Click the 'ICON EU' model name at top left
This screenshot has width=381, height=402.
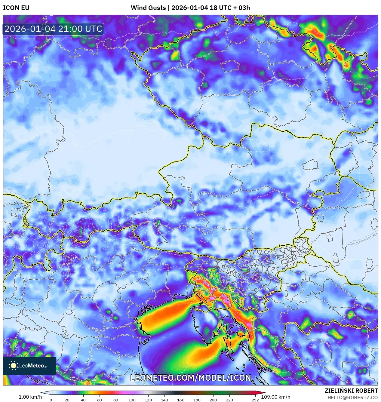pyautogui.click(x=16, y=8)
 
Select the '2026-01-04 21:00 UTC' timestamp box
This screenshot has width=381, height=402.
pyautogui.click(x=53, y=29)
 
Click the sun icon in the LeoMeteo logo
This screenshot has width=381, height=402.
pyautogui.click(x=14, y=366)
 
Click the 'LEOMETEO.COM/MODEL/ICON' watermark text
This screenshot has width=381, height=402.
pyautogui.click(x=190, y=378)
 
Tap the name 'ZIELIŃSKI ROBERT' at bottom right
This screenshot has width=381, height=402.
pyautogui.click(x=351, y=391)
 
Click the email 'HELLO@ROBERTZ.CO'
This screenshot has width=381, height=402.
pyautogui.click(x=352, y=397)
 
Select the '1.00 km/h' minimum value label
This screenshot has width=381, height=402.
pyautogui.click(x=30, y=397)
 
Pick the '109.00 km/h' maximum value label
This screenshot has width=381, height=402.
pyautogui.click(x=275, y=397)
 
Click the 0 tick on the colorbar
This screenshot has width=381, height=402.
pyautogui.click(x=51, y=400)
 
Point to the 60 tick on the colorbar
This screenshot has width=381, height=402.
pyautogui.click(x=100, y=400)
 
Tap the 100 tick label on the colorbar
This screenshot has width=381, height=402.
pyautogui.click(x=132, y=400)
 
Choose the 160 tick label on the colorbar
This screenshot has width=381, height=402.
pyautogui.click(x=181, y=400)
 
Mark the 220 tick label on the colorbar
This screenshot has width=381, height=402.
pyautogui.click(x=229, y=400)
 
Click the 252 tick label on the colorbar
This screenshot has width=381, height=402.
pyautogui.click(x=255, y=400)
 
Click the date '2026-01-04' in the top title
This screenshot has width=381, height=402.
pyautogui.click(x=190, y=8)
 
